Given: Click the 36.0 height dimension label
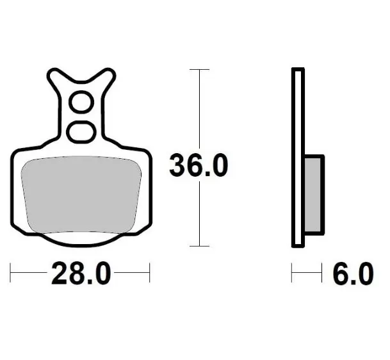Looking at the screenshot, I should click(x=198, y=167).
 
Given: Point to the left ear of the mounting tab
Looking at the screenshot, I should click(x=54, y=78).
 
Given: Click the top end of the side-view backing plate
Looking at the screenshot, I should click(x=298, y=70).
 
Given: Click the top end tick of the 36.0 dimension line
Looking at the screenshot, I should click(x=200, y=69).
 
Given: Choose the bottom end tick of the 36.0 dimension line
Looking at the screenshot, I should click(x=200, y=246).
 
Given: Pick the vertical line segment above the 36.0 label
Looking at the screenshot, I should click(x=200, y=109).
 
